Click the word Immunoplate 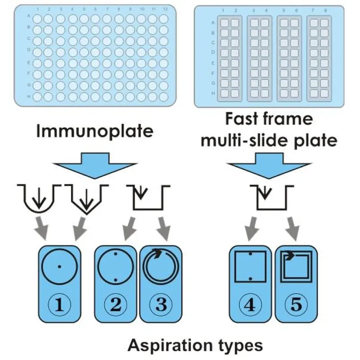(x=95, y=131)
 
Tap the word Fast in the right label (x=242, y=119)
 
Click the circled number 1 (x=59, y=305)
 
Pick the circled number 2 (x=116, y=305)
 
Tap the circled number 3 (x=161, y=305)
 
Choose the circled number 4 (x=250, y=305)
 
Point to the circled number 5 (x=296, y=305)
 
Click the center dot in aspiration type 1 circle (x=59, y=266)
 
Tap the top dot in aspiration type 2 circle (x=116, y=254)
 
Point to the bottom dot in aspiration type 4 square (x=251, y=279)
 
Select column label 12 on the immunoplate (x=165, y=9)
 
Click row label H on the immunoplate (x=29, y=96)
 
